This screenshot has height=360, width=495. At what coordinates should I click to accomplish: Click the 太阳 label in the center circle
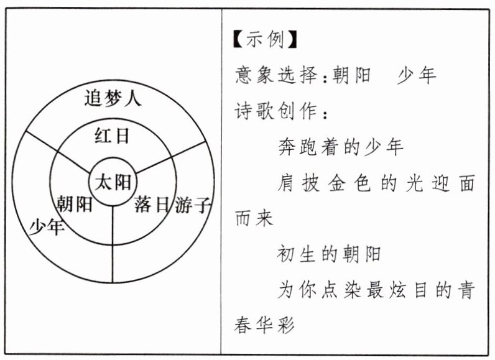pyautogui.click(x=113, y=182)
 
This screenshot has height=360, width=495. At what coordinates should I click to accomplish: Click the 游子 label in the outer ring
pyautogui.click(x=194, y=205)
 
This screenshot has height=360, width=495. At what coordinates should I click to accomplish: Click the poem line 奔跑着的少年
pyautogui.click(x=340, y=147)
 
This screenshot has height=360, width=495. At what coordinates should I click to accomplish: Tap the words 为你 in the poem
pyautogui.click(x=299, y=291)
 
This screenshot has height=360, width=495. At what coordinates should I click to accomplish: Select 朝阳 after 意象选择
pyautogui.click(x=353, y=76)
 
